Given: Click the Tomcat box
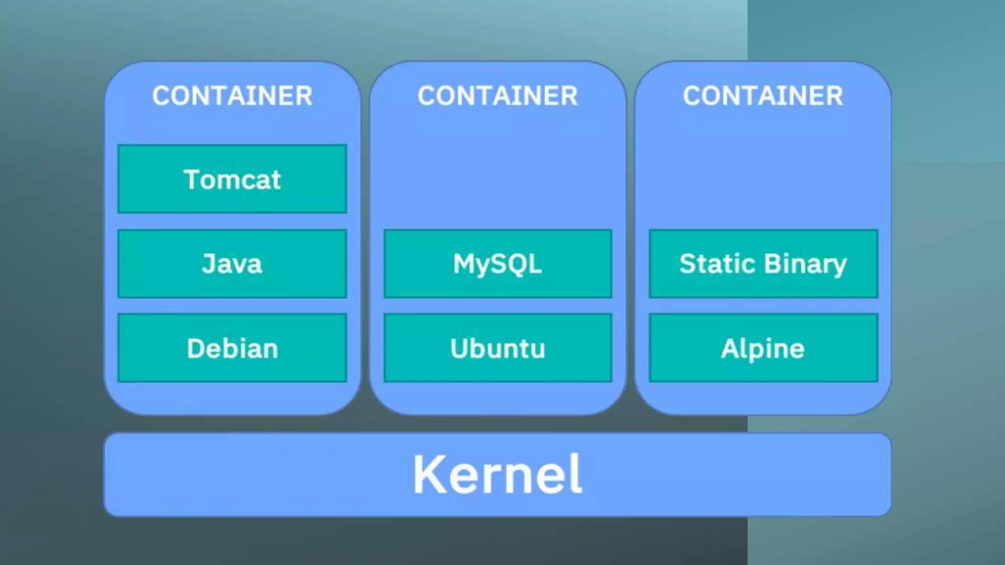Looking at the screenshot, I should click(x=232, y=179).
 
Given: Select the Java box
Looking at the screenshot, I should click(x=232, y=263).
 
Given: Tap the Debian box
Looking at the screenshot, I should click(x=232, y=348).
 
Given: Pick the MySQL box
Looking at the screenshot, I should click(x=498, y=263).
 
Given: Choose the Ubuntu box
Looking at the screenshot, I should click(x=498, y=348).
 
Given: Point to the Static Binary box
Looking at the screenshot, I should click(x=763, y=263).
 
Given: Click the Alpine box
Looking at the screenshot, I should click(x=763, y=348).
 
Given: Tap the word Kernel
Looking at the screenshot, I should click(x=498, y=474).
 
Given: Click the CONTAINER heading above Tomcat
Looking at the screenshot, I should click(x=232, y=96).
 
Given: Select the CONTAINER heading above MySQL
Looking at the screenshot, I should click(x=498, y=96).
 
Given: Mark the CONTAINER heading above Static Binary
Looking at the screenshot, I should click(x=763, y=96).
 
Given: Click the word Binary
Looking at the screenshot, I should click(x=805, y=265).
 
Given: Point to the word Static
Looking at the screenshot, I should click(x=717, y=263).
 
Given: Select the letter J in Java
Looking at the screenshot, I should click(x=209, y=263).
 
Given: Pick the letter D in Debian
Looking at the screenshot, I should click(x=196, y=348).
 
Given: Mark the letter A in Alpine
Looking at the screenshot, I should click(x=730, y=348).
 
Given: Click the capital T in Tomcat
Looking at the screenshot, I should click(x=192, y=179).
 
